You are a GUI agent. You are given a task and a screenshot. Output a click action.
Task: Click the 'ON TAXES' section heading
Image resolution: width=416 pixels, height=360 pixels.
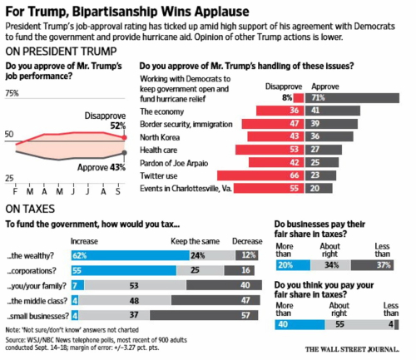(x=31, y=210)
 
